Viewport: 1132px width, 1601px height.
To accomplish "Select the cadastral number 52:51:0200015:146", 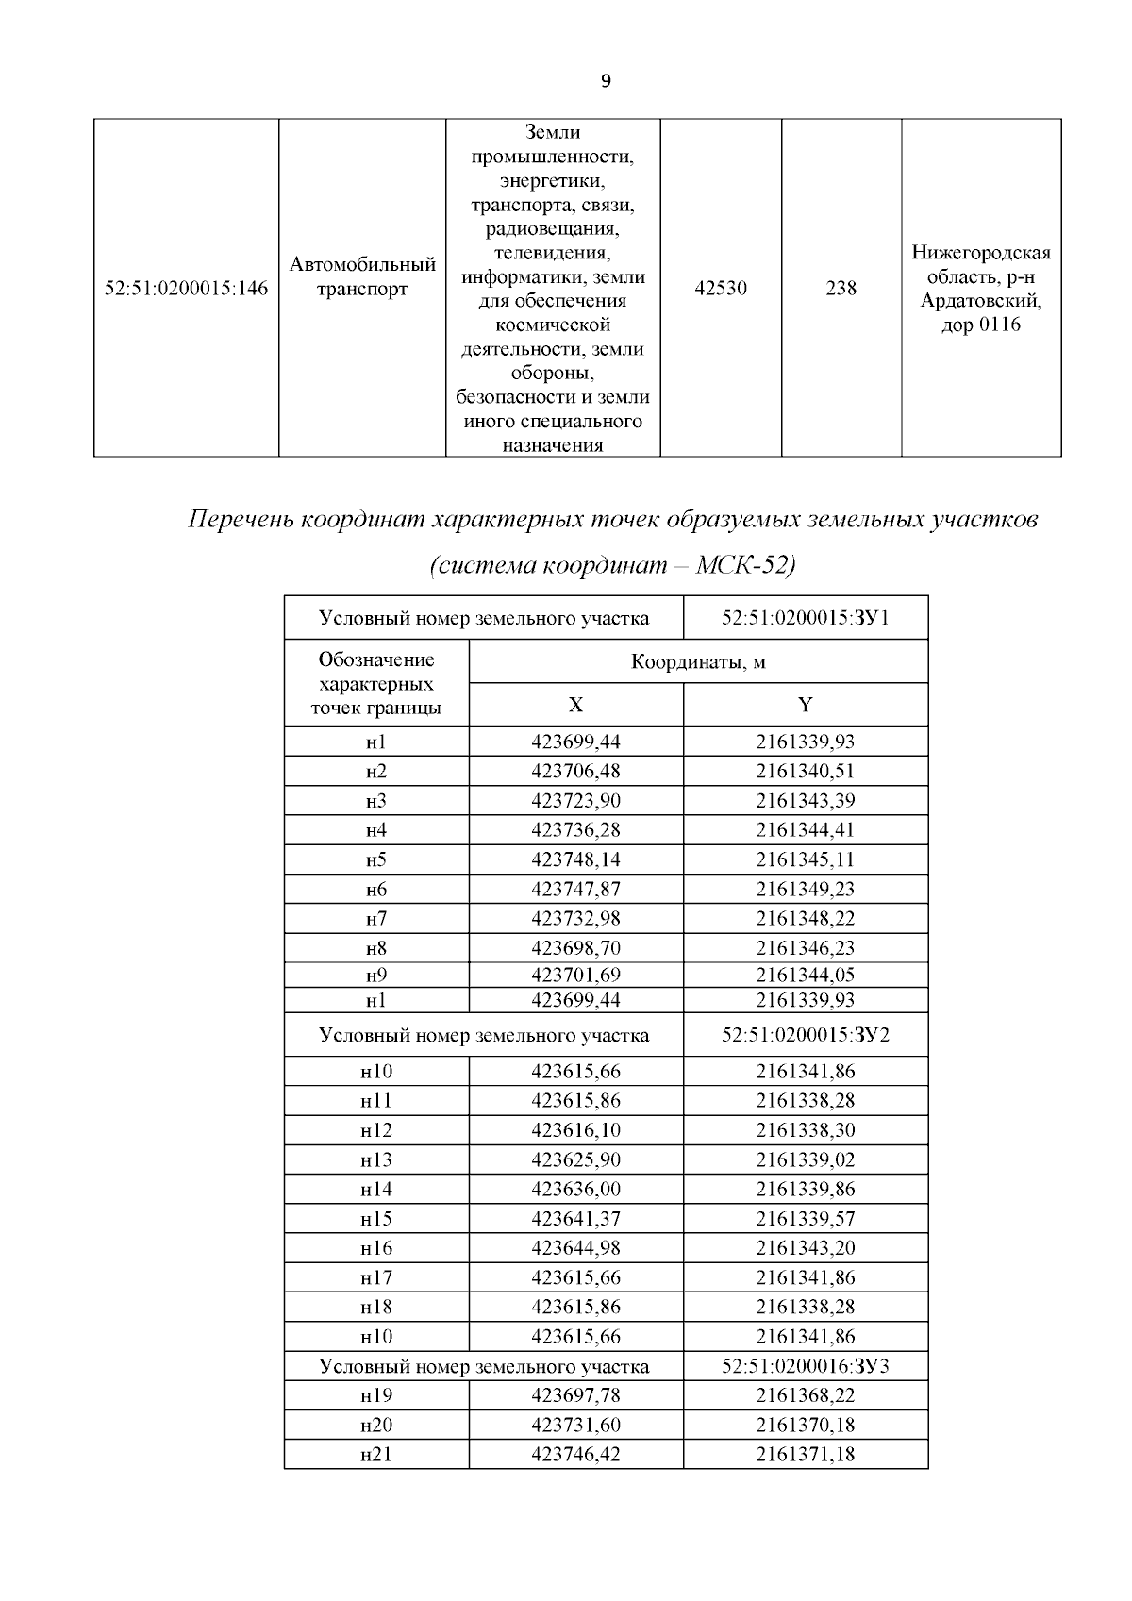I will click(x=186, y=289).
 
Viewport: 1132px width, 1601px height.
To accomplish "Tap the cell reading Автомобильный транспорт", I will click(x=362, y=276).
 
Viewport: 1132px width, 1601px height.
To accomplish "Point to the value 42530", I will click(x=721, y=289).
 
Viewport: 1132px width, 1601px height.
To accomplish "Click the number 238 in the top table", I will click(x=841, y=289).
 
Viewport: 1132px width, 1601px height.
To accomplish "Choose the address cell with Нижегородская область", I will click(x=981, y=289).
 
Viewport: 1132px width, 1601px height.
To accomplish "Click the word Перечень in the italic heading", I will click(x=240, y=520).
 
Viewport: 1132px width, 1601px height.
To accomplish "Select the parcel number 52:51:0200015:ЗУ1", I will click(x=806, y=619).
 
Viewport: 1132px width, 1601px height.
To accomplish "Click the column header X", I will click(x=575, y=705).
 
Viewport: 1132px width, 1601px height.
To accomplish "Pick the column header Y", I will click(x=805, y=705).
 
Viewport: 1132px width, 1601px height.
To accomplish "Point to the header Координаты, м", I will click(x=698, y=661).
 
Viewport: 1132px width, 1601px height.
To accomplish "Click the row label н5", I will click(x=376, y=859).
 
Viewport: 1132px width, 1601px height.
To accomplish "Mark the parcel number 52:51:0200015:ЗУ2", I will click(x=806, y=1035).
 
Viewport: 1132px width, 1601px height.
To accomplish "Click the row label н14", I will click(x=376, y=1189).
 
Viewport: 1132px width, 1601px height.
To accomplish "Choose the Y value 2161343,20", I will click(x=805, y=1248).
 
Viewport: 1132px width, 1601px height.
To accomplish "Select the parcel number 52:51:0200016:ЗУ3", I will click(x=806, y=1366).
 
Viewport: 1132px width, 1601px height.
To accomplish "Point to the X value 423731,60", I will click(x=575, y=1425).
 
